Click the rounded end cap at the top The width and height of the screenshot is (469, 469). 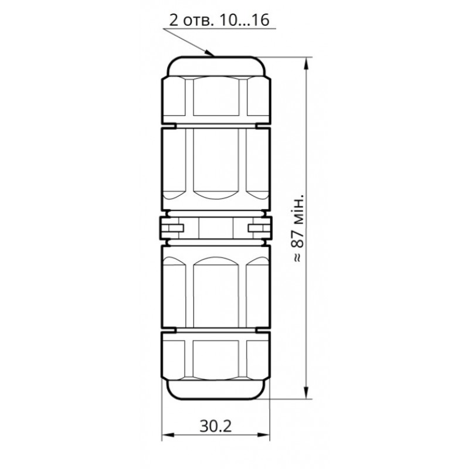point(215,66)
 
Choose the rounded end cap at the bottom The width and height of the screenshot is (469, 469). point(215,389)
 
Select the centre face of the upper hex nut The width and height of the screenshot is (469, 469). point(215,97)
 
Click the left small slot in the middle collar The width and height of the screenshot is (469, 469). point(172,227)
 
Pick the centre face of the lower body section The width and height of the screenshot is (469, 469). point(215,290)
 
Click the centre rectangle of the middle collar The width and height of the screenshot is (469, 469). point(215,227)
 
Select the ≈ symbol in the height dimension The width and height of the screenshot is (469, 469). point(298,257)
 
